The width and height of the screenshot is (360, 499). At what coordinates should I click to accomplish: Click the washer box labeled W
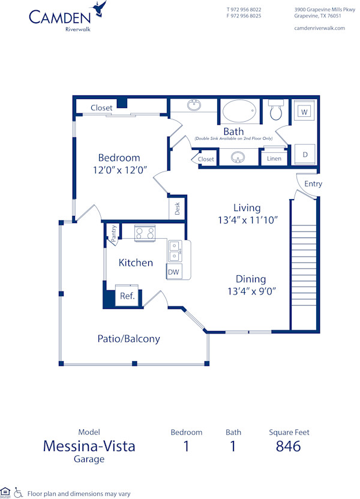pyautogui.click(x=304, y=112)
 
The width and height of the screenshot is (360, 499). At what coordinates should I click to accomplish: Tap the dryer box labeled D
pyautogui.click(x=304, y=154)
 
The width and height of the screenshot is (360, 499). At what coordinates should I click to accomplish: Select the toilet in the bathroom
pyautogui.click(x=276, y=111)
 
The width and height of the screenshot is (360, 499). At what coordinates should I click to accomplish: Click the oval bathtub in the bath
pyautogui.click(x=239, y=111)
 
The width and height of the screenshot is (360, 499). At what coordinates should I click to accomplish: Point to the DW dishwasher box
pyautogui.click(x=173, y=272)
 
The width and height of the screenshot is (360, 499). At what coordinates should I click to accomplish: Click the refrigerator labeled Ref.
pyautogui.click(x=127, y=296)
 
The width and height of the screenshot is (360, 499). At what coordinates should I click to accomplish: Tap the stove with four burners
pyautogui.click(x=145, y=233)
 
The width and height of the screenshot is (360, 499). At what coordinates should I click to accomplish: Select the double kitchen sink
pyautogui.click(x=174, y=251)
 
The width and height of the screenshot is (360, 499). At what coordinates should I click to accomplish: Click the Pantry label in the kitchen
pyautogui.click(x=112, y=234)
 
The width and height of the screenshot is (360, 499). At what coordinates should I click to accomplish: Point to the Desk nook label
pyautogui.click(x=177, y=209)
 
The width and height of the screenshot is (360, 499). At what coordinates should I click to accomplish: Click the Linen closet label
pyautogui.click(x=274, y=158)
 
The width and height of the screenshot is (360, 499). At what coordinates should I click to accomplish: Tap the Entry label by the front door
pyautogui.click(x=313, y=184)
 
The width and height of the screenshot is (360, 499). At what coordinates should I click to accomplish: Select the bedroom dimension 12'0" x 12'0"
pyautogui.click(x=119, y=170)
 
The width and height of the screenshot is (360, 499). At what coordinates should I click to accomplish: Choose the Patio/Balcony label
pyautogui.click(x=128, y=339)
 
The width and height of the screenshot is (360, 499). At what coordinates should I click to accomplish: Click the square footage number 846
pyautogui.click(x=288, y=446)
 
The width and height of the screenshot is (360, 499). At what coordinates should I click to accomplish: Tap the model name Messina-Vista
pyautogui.click(x=89, y=446)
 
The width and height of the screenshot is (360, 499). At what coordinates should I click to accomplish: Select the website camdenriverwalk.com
pyautogui.click(x=320, y=28)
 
